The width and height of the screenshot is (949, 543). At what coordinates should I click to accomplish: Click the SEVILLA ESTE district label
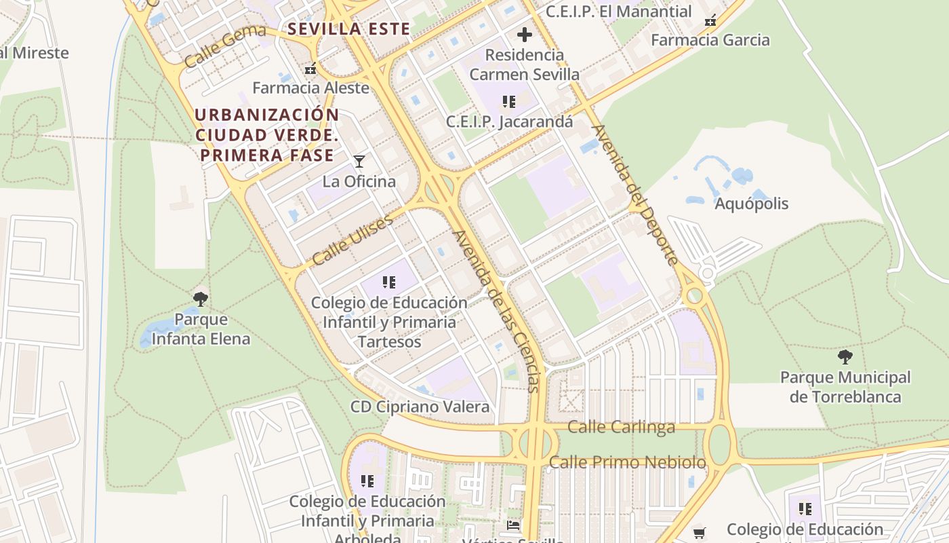pyautogui.click(x=348, y=29)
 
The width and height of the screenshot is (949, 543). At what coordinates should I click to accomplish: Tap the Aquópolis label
pyautogui.click(x=752, y=204)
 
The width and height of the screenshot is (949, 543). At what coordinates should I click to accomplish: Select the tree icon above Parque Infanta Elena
pyautogui.click(x=200, y=299)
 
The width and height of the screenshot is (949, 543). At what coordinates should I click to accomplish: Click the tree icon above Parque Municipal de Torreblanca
pyautogui.click(x=845, y=356)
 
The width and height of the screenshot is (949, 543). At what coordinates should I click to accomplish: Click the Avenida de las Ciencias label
pyautogui.click(x=497, y=311)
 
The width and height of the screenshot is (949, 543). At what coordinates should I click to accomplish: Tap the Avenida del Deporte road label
pyautogui.click(x=634, y=195)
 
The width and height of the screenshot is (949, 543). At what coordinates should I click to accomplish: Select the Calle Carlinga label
pyautogui.click(x=621, y=427)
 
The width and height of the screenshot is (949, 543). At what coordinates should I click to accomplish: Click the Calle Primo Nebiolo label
pyautogui.click(x=627, y=462)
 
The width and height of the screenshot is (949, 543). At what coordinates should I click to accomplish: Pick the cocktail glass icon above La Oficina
pyautogui.click(x=359, y=161)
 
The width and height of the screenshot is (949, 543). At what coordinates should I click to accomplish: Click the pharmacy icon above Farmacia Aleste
pyautogui.click(x=310, y=69)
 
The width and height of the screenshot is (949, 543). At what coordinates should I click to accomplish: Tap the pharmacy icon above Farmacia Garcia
pyautogui.click(x=710, y=21)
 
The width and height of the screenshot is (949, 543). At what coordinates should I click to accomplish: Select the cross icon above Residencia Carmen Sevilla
pyautogui.click(x=524, y=35)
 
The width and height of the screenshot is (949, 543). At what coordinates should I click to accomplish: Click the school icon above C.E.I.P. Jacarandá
pyautogui.click(x=509, y=102)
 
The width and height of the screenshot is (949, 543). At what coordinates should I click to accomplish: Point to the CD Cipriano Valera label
pyautogui.click(x=420, y=407)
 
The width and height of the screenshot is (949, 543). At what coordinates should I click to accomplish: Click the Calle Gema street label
pyautogui.click(x=216, y=48)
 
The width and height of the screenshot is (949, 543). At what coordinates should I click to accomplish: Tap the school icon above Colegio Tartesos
pyautogui.click(x=388, y=282)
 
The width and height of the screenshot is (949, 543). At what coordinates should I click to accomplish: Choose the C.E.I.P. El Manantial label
pyautogui.click(x=618, y=12)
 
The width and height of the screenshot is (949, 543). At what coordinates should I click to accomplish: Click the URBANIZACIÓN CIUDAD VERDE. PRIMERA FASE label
pyautogui.click(x=266, y=135)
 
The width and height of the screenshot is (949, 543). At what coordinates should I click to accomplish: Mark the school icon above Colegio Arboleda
pyautogui.click(x=367, y=481)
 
